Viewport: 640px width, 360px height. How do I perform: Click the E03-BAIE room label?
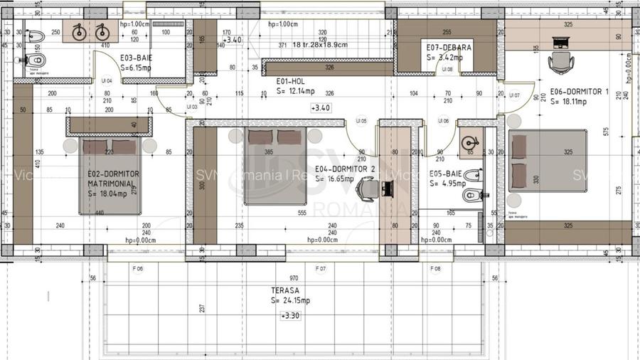pos(137,57)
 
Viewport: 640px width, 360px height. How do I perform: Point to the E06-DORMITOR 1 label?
pos(580,92)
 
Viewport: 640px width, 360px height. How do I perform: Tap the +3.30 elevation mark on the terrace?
pos(290,314)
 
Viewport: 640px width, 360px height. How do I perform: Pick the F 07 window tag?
pos(320,269)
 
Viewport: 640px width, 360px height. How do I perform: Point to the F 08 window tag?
pos(435,269)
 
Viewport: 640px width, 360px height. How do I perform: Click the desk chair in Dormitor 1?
pos(560,63)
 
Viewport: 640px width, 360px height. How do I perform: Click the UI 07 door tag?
pos(514,95)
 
